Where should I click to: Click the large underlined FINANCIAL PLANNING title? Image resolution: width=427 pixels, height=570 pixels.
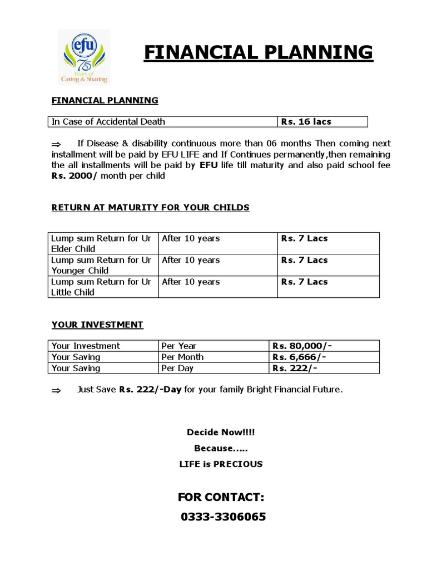[258, 52]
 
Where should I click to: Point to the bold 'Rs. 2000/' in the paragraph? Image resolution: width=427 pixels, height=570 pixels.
[75, 176]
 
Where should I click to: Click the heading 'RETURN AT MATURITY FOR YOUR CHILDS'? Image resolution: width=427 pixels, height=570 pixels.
[150, 208]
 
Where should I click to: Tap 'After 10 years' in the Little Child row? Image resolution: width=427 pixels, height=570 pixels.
[191, 282]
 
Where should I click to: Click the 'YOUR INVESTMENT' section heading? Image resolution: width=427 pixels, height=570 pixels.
[97, 325]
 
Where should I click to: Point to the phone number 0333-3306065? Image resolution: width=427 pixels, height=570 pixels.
[223, 517]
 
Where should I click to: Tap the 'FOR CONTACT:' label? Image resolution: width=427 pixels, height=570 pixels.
[221, 497]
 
